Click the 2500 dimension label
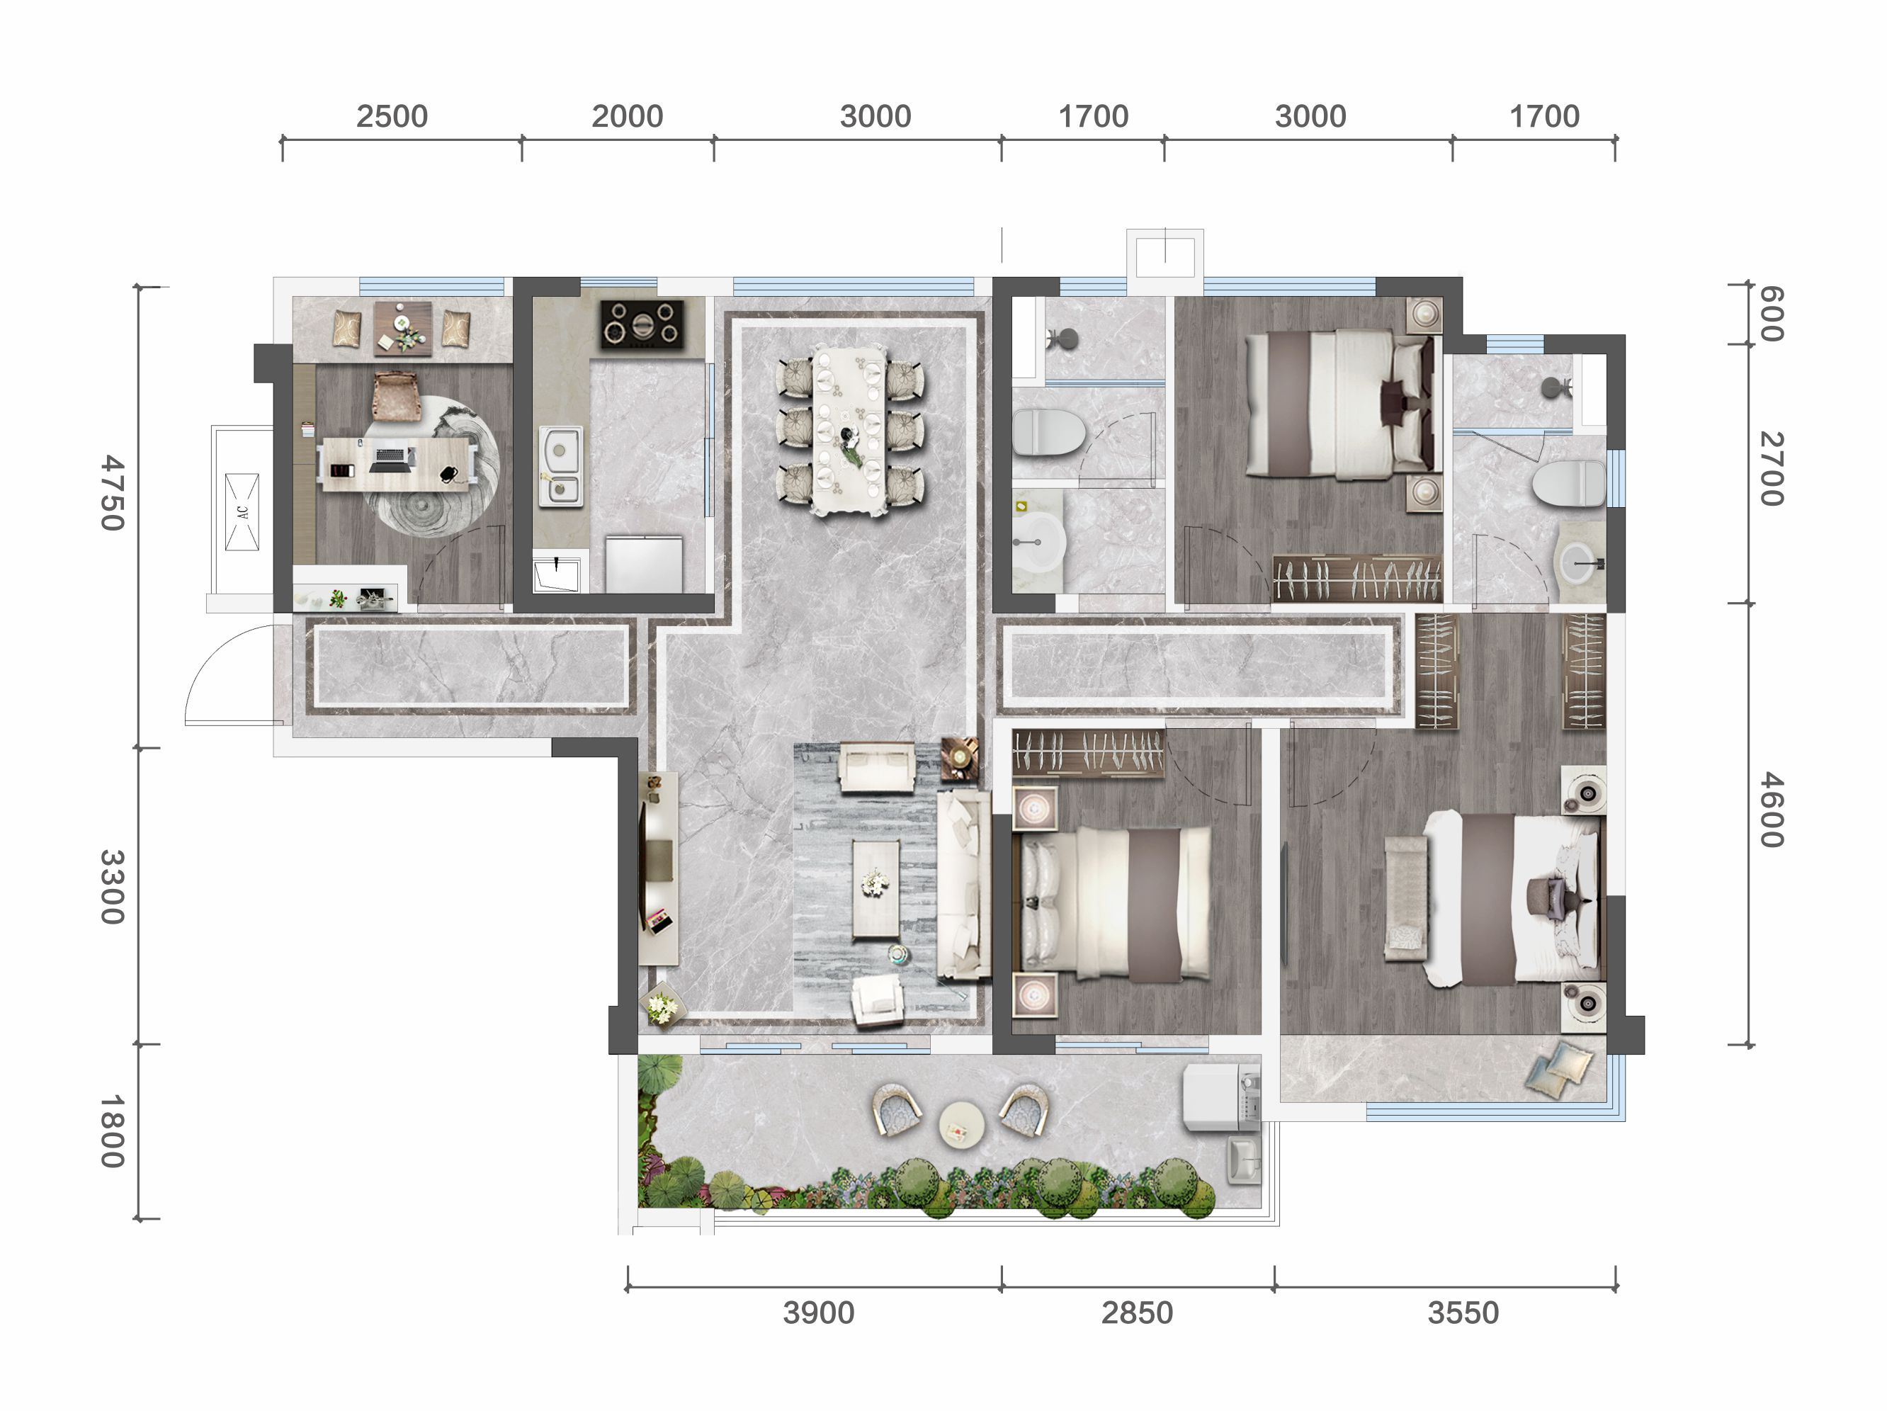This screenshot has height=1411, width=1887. click(392, 116)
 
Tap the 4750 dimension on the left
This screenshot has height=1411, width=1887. click(113, 492)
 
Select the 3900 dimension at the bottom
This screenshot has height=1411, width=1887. click(818, 1313)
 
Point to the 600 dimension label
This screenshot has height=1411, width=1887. click(1772, 314)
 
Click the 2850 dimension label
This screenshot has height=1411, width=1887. click(1136, 1313)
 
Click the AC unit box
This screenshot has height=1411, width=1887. click(242, 512)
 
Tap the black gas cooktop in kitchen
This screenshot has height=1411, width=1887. click(642, 324)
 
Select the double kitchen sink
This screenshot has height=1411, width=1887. click(560, 467)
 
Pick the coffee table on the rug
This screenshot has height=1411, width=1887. click(876, 889)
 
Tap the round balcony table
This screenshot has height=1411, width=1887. click(961, 1124)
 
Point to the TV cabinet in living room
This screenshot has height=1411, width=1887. click(658, 868)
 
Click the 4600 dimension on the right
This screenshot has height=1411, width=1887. click(1772, 810)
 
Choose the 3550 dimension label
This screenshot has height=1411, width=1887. click(1462, 1313)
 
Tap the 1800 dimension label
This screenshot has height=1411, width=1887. click(113, 1131)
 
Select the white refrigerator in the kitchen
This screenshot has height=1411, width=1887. click(643, 563)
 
